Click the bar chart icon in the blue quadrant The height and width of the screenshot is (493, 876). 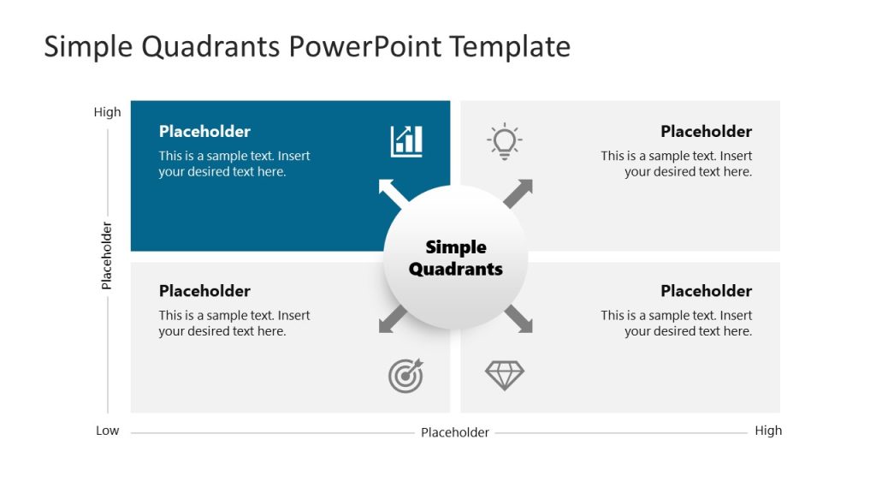pos(406,141)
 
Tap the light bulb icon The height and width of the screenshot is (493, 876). pos(505,141)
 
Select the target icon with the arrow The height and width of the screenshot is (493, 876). pos(405,376)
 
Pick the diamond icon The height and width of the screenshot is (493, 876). pos(505,375)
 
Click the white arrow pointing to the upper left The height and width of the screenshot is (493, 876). pos(392,193)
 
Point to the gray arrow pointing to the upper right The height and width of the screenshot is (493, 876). pos(518,193)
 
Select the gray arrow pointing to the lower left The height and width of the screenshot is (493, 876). pos(392,318)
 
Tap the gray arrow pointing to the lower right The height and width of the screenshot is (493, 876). pos(518,318)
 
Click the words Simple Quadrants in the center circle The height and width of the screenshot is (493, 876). pos(456,258)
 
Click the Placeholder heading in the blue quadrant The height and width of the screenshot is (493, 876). pos(204,132)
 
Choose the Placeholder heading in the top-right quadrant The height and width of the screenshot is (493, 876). pos(706,132)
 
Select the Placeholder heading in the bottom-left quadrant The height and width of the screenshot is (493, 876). pos(204,291)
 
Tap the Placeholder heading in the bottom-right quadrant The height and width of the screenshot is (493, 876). pos(706,291)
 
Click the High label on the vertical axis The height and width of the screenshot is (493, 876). pos(108,112)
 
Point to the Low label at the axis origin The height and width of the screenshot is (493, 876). pos(107,431)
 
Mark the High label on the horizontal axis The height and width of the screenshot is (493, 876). pos(768,431)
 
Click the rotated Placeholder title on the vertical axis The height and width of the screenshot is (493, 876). pos(107,255)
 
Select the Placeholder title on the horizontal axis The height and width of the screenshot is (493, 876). pos(455,432)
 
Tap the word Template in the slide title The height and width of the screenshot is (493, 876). pos(511,46)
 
